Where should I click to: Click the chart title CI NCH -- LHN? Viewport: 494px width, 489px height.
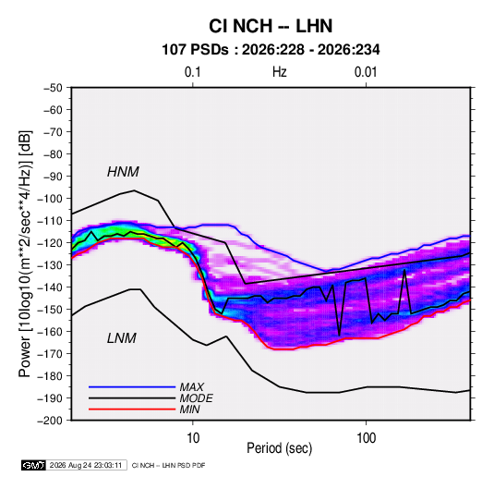[271, 26]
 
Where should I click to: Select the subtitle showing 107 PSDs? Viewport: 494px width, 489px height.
[271, 50]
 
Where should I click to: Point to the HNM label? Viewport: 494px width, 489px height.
[123, 172]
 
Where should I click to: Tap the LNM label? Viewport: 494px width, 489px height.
[122, 338]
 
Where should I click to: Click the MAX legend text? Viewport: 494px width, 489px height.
[191, 387]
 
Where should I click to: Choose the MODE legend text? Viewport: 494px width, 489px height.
[196, 398]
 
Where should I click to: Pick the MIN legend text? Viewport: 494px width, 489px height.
[189, 410]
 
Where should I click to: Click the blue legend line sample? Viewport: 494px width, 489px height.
[132, 386]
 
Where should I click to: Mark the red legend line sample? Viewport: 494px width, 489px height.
[132, 410]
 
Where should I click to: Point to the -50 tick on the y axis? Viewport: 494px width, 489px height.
[53, 88]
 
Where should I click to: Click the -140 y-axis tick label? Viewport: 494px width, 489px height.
[50, 287]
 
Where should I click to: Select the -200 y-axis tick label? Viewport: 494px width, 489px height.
[50, 421]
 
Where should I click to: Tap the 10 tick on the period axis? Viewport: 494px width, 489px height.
[193, 438]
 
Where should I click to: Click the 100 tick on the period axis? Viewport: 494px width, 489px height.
[366, 438]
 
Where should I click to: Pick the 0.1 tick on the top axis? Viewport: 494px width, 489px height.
[192, 72]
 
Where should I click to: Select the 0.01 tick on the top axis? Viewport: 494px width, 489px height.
[366, 72]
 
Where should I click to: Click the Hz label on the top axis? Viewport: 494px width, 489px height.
[280, 72]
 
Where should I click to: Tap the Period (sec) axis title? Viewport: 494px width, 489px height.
[280, 448]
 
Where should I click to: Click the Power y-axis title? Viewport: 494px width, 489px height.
[25, 254]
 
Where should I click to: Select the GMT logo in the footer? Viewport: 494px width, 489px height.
[34, 465]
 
